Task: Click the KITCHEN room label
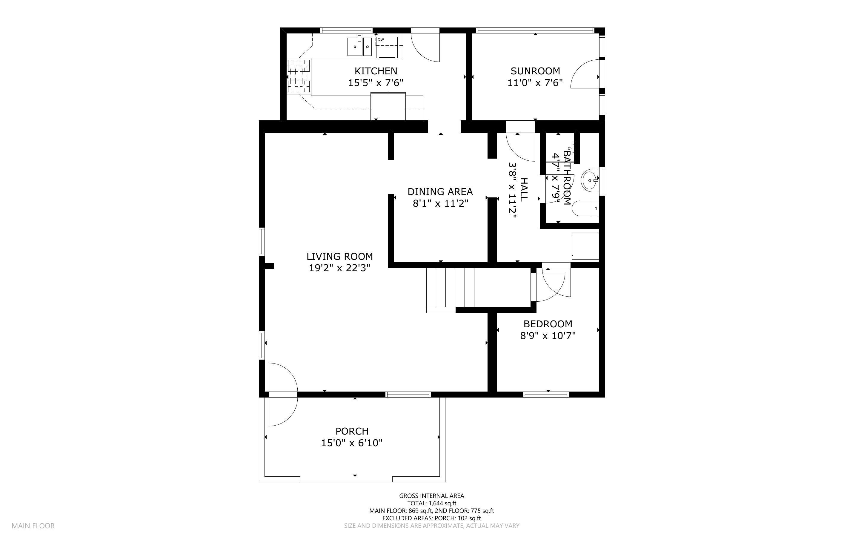pyautogui.click(x=376, y=71)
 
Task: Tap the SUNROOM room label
pyautogui.click(x=535, y=71)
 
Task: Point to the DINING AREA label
pyautogui.click(x=440, y=191)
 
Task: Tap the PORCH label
pyautogui.click(x=352, y=431)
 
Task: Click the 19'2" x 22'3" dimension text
pyautogui.click(x=339, y=268)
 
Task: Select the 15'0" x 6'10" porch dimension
pyautogui.click(x=352, y=443)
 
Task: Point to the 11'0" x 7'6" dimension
pyautogui.click(x=535, y=82)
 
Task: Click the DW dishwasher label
pyautogui.click(x=381, y=40)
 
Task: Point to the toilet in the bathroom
pyautogui.click(x=585, y=208)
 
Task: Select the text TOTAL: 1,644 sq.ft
pyautogui.click(x=432, y=503)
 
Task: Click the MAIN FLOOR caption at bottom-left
pyautogui.click(x=33, y=526)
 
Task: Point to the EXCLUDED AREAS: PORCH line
pyautogui.click(x=431, y=518)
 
